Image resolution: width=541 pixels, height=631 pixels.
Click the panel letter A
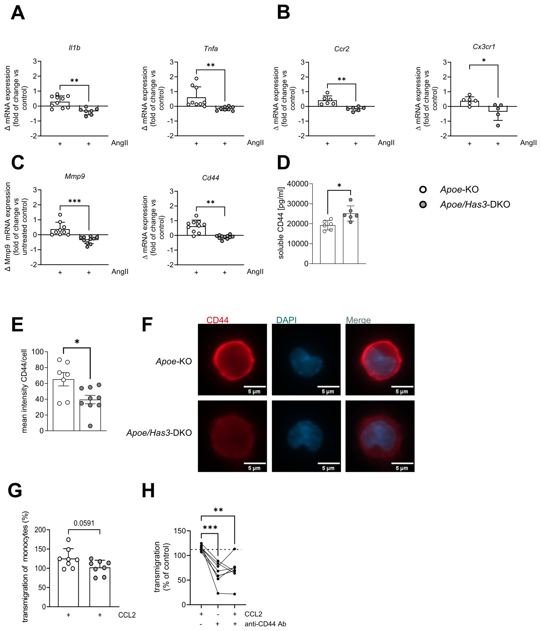pos(18,14)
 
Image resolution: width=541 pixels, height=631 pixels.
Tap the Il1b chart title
pos(75,48)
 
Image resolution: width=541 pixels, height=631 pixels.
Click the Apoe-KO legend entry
pos(459,189)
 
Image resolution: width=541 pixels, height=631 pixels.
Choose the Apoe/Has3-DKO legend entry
pos(474,204)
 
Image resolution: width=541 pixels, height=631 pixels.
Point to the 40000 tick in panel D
pos(297,184)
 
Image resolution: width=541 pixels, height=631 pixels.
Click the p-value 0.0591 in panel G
pos(84,523)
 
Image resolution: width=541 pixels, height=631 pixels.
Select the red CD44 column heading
pos(217,320)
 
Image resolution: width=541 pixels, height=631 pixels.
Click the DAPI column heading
pos(286,320)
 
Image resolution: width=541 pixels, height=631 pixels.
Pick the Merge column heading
pos(358,320)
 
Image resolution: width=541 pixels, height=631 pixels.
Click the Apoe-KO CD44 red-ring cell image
pos(232,360)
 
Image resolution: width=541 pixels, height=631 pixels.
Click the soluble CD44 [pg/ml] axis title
pos(281,223)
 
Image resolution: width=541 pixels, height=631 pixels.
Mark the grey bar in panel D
pos(350,239)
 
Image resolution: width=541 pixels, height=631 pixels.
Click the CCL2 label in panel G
pos(127,615)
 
